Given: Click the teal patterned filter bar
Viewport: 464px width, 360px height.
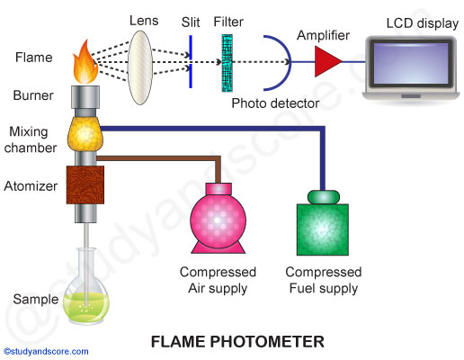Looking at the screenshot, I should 225,63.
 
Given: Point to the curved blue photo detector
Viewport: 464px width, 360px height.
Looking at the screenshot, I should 272,63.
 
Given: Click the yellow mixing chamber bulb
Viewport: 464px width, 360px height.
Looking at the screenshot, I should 87,134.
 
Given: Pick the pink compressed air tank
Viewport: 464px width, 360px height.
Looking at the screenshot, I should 218,220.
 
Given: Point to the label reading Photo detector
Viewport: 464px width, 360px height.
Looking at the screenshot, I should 275,103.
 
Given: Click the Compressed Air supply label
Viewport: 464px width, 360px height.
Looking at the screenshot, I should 218,280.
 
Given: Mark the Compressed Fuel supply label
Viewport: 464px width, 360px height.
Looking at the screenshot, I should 323,280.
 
